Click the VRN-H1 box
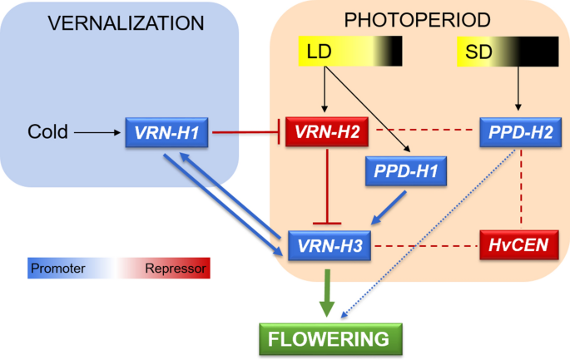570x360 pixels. coord(166,132)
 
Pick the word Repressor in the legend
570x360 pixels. coord(176,269)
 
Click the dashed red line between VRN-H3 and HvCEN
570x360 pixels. coord(424,245)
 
